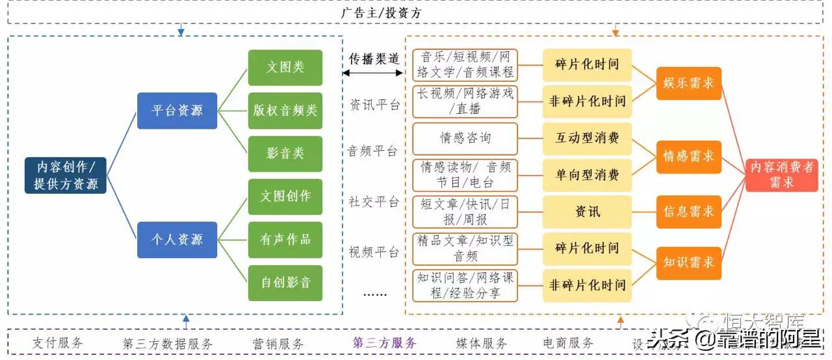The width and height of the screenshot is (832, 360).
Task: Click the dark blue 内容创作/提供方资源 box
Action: tap(66, 175)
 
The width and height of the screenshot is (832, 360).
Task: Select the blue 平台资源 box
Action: tap(177, 110)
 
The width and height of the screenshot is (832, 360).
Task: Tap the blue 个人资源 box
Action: tap(177, 240)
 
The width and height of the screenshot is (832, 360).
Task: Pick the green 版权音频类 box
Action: tap(285, 110)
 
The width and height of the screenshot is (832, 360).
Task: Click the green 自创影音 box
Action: tap(285, 283)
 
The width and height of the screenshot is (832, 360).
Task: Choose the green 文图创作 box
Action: tap(285, 196)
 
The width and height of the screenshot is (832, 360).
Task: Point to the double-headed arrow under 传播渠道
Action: tap(373, 73)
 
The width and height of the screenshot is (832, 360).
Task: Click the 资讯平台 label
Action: tap(374, 105)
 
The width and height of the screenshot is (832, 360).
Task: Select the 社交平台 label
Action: tap(374, 202)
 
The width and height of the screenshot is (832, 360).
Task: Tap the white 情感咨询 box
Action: tap(465, 138)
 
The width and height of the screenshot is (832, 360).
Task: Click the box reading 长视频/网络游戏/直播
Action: tap(465, 101)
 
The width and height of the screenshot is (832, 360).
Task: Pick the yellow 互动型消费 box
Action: tap(587, 138)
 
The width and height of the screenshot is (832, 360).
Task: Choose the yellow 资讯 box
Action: tap(587, 212)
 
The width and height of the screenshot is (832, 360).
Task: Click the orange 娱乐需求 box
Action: tap(688, 83)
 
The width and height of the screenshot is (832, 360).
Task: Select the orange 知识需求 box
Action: tap(688, 263)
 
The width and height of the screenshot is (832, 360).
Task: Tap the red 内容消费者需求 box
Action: tap(781, 175)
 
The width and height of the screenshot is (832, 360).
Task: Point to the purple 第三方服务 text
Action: tap(384, 343)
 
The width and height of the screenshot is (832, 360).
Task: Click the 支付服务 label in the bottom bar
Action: tap(58, 343)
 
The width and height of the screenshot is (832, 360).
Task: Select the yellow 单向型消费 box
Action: tap(587, 175)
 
